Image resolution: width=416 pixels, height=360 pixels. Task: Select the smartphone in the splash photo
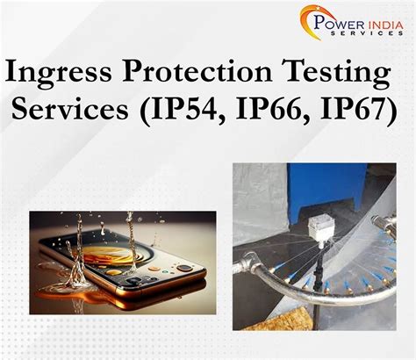pyautogui.click(x=132, y=263)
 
